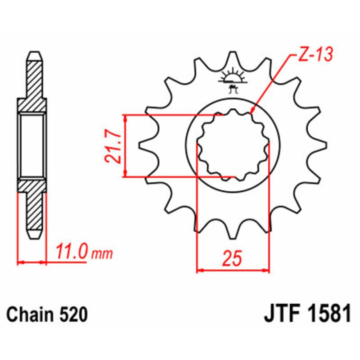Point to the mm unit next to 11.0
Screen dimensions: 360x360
click(102, 254)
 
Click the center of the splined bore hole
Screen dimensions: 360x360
click(233, 145)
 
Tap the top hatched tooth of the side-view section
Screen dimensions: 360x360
click(36, 74)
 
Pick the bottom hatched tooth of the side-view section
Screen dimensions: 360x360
click(36, 216)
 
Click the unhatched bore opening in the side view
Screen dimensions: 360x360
click(32, 145)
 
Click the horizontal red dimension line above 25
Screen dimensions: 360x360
click(233, 271)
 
